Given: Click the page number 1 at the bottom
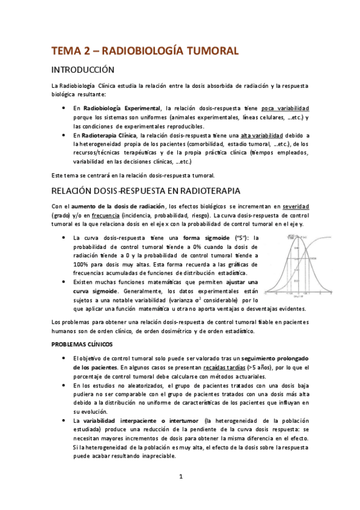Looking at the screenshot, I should tap(180, 478).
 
